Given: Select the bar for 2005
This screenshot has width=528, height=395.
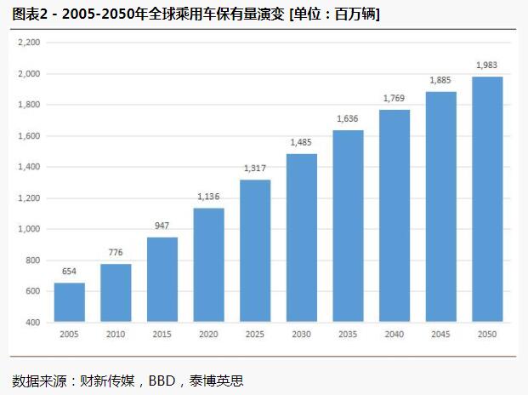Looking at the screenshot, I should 70,302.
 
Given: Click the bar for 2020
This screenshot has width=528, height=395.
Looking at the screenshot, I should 208,265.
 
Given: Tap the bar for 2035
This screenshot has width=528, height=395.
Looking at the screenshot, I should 348,226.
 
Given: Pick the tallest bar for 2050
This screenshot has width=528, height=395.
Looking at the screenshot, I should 487,199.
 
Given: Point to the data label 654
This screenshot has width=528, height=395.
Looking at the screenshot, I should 70,272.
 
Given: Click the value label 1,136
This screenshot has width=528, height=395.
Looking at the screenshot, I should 208,197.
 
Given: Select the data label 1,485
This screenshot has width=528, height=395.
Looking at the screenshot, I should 302,142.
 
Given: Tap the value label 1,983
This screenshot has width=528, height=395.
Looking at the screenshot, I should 487,65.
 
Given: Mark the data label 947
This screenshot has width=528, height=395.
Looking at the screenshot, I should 162,226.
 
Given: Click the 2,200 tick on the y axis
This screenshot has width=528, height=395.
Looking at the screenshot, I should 29,43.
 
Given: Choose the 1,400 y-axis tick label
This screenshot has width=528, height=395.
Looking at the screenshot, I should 29,167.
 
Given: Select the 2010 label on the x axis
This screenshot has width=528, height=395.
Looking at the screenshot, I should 116,335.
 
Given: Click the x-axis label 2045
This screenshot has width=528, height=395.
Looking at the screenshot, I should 440,335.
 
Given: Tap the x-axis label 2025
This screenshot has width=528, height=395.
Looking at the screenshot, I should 255,335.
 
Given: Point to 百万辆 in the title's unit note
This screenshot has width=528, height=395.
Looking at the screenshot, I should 356,14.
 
